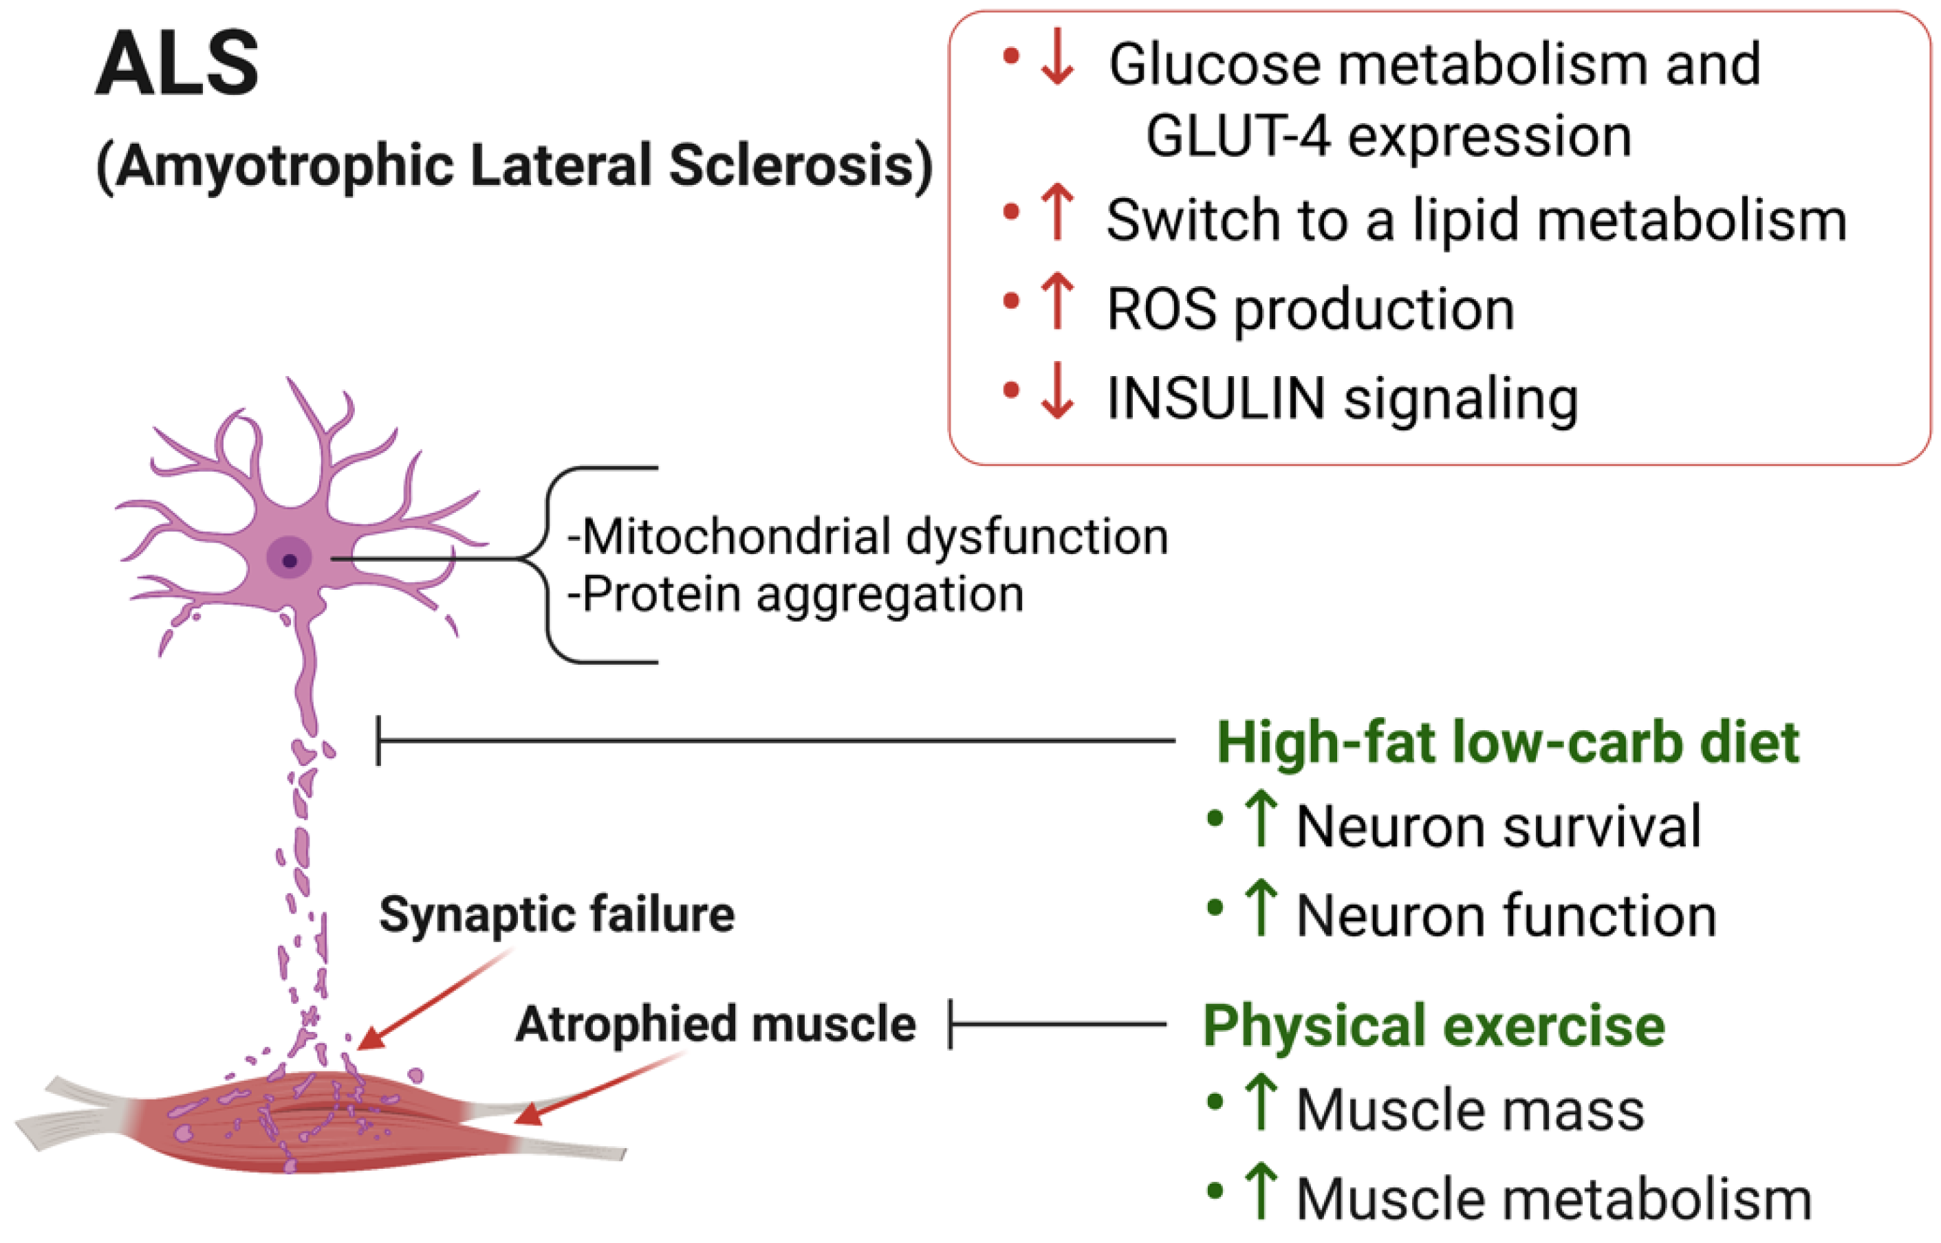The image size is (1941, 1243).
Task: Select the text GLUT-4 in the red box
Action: (x=1237, y=135)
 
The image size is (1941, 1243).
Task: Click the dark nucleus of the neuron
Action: (x=290, y=560)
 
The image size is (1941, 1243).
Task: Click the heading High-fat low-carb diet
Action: (x=1508, y=742)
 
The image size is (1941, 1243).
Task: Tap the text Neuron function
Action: (x=1506, y=916)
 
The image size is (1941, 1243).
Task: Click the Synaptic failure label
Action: (x=557, y=914)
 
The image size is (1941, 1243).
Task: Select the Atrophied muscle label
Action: (x=715, y=1024)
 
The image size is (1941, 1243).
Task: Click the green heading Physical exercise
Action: (x=1434, y=1025)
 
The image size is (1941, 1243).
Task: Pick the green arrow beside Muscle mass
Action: (x=1260, y=1102)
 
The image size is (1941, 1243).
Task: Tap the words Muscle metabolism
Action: (x=1554, y=1198)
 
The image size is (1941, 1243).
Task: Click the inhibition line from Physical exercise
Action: (x=1058, y=1024)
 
